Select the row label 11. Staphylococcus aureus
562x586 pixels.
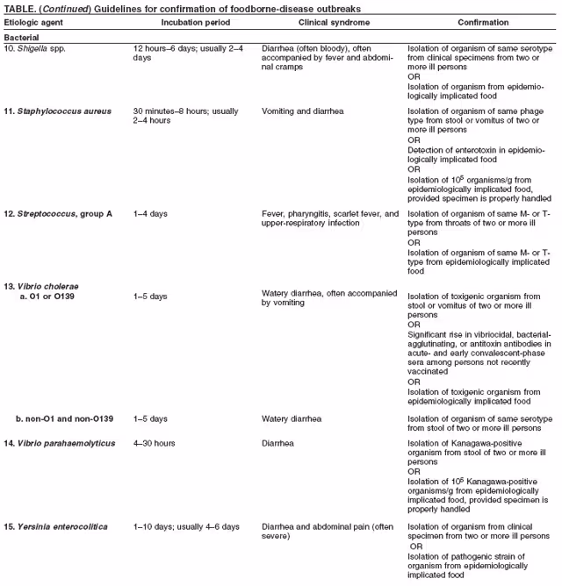pyautogui.click(x=60, y=111)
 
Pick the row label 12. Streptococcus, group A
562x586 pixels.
pyautogui.click(x=58, y=214)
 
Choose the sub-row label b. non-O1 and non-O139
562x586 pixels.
pyautogui.click(x=70, y=418)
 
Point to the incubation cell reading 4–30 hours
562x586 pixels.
pyautogui.click(x=154, y=443)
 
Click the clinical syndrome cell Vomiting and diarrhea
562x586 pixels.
pyautogui.click(x=302, y=111)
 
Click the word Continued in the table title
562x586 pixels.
pyautogui.click(x=62, y=8)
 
